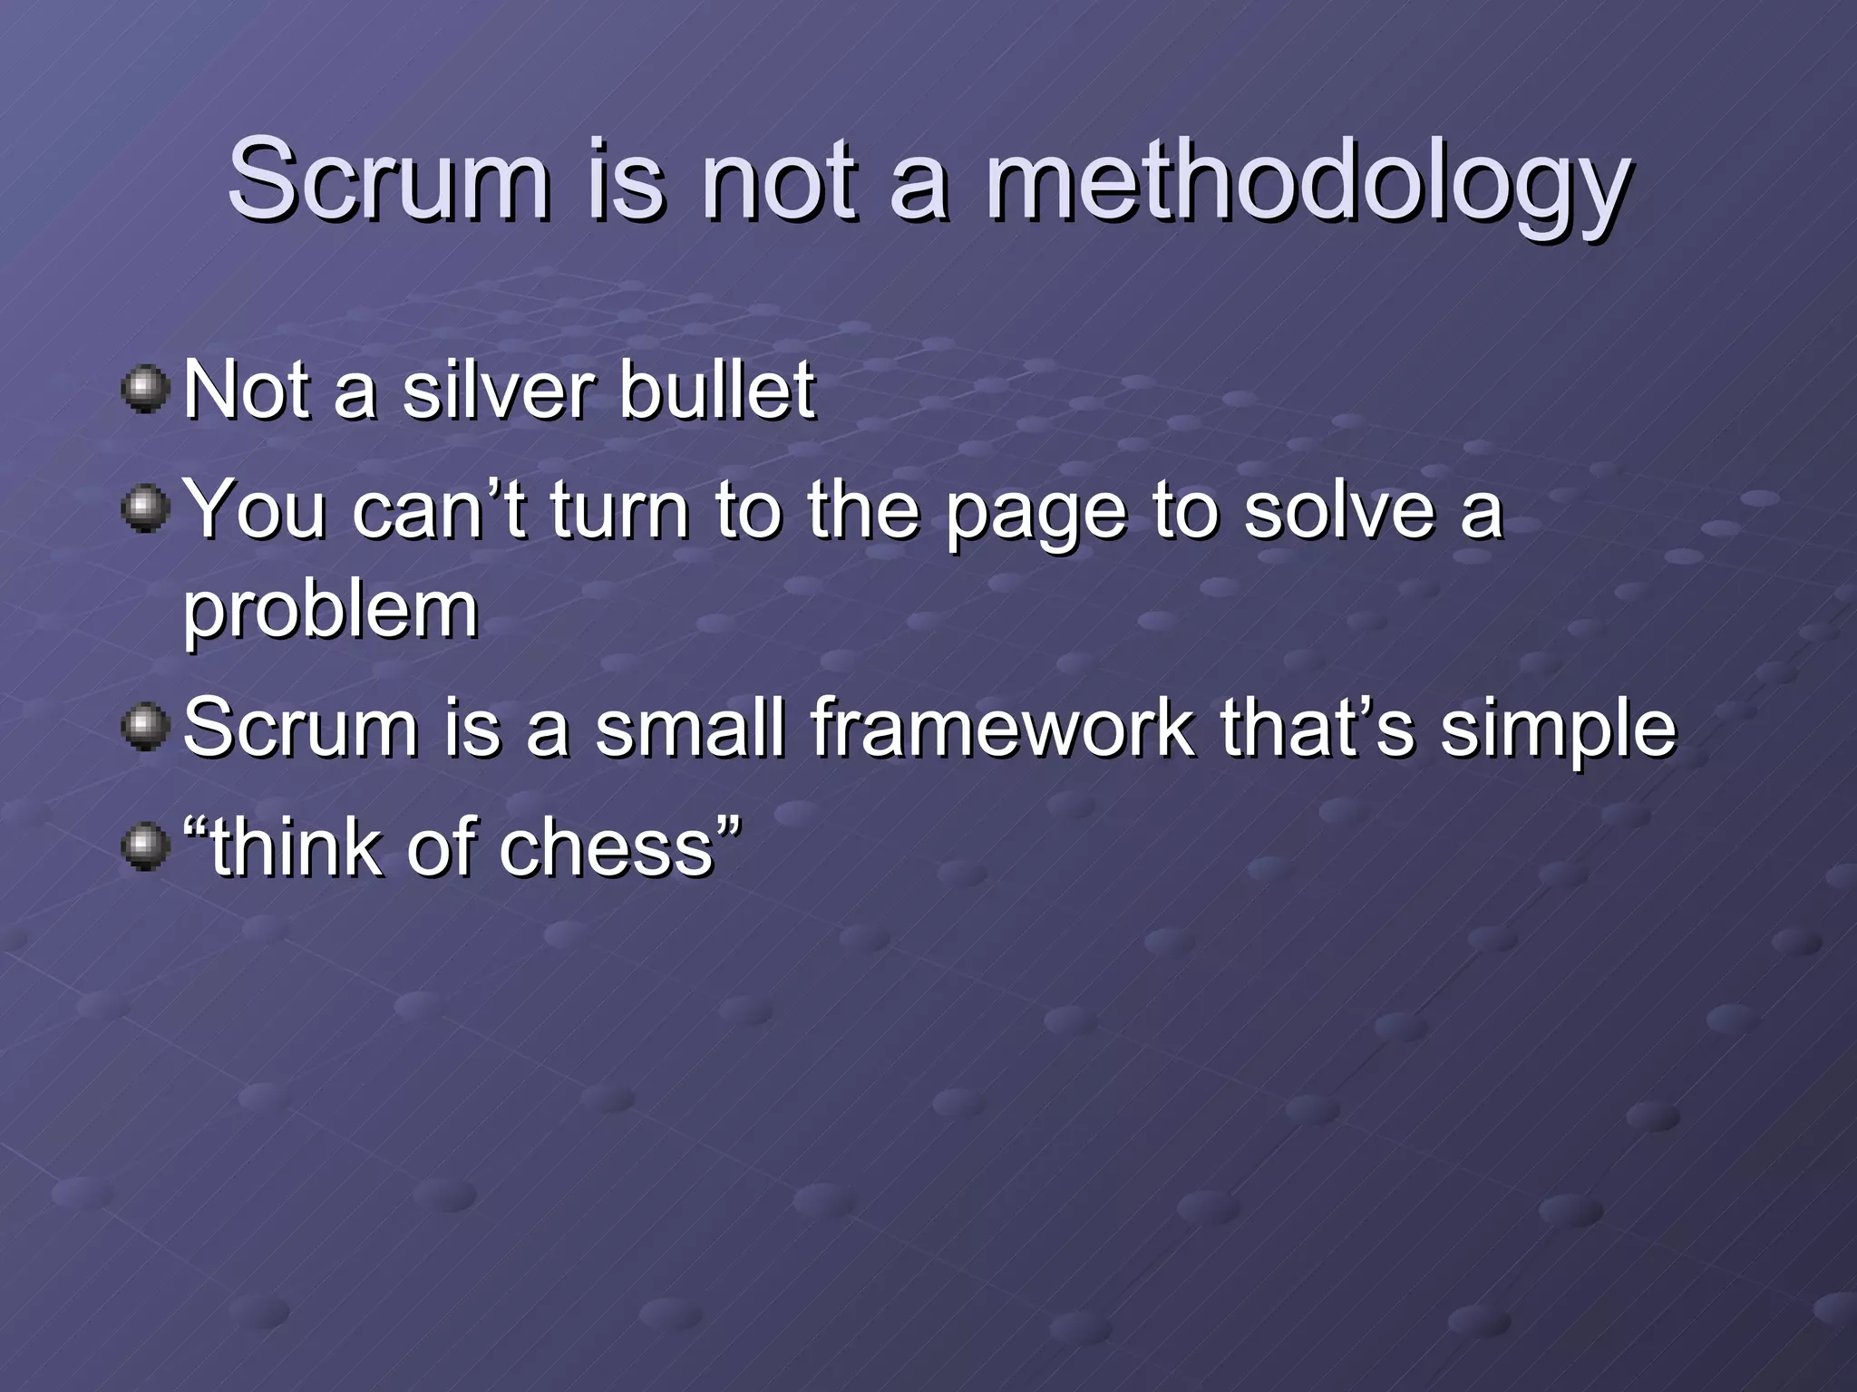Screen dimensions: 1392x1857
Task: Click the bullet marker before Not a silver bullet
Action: tap(145, 390)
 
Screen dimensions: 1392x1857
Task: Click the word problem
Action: tap(331, 612)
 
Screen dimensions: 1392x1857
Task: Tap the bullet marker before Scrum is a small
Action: tap(145, 727)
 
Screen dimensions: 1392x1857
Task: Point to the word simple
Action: tap(1558, 730)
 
